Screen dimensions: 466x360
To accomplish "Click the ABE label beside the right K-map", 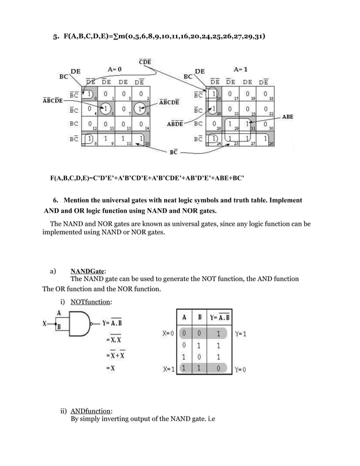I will click(288, 117).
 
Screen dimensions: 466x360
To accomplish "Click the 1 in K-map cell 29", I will click(230, 124).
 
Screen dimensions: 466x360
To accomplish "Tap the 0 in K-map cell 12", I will click(90, 124).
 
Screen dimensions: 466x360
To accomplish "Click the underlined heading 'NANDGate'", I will click(88, 271).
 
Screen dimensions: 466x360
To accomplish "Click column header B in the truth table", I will click(200, 317).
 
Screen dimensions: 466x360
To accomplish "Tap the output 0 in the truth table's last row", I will click(219, 369).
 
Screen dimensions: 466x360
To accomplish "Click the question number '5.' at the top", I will click(56, 38).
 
